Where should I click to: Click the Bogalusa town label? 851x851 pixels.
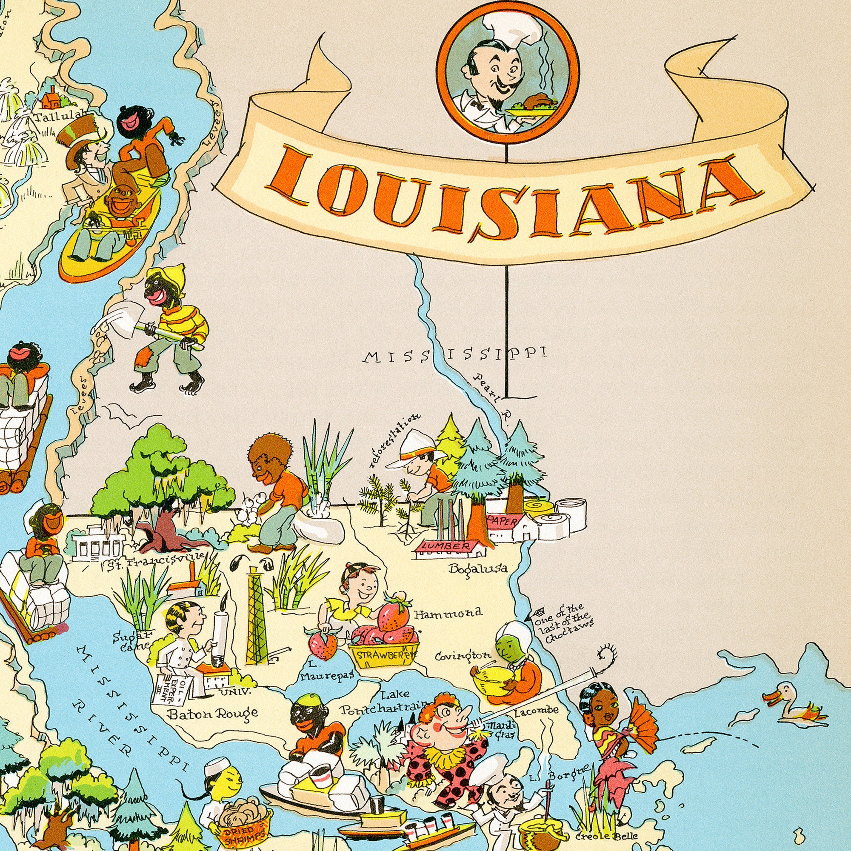tap(477, 568)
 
